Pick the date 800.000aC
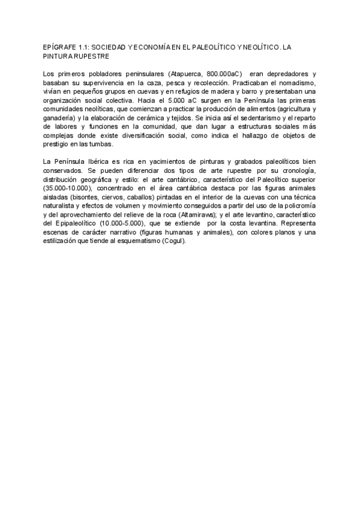pyautogui.click(x=223, y=73)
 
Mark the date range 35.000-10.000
pyautogui.click(x=67, y=189)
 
